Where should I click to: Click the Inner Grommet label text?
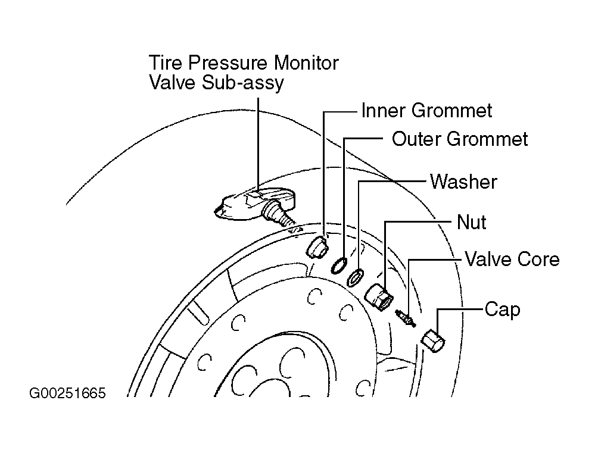[x=426, y=111]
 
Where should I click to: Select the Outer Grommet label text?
[x=460, y=139]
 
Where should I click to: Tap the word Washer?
[x=464, y=182]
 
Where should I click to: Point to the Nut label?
[x=471, y=222]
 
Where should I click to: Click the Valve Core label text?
[x=512, y=259]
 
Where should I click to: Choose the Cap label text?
[x=502, y=310]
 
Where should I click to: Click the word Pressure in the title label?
[x=228, y=63]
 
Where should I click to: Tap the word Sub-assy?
[x=243, y=83]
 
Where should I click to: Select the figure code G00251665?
[x=67, y=393]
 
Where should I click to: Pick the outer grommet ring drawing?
[x=339, y=265]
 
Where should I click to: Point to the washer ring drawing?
[x=356, y=277]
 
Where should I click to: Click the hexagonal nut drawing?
[x=378, y=297]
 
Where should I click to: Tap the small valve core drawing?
[x=406, y=318]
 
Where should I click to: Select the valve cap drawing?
[x=433, y=341]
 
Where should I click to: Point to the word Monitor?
[x=306, y=63]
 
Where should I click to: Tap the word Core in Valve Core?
[x=538, y=259]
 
